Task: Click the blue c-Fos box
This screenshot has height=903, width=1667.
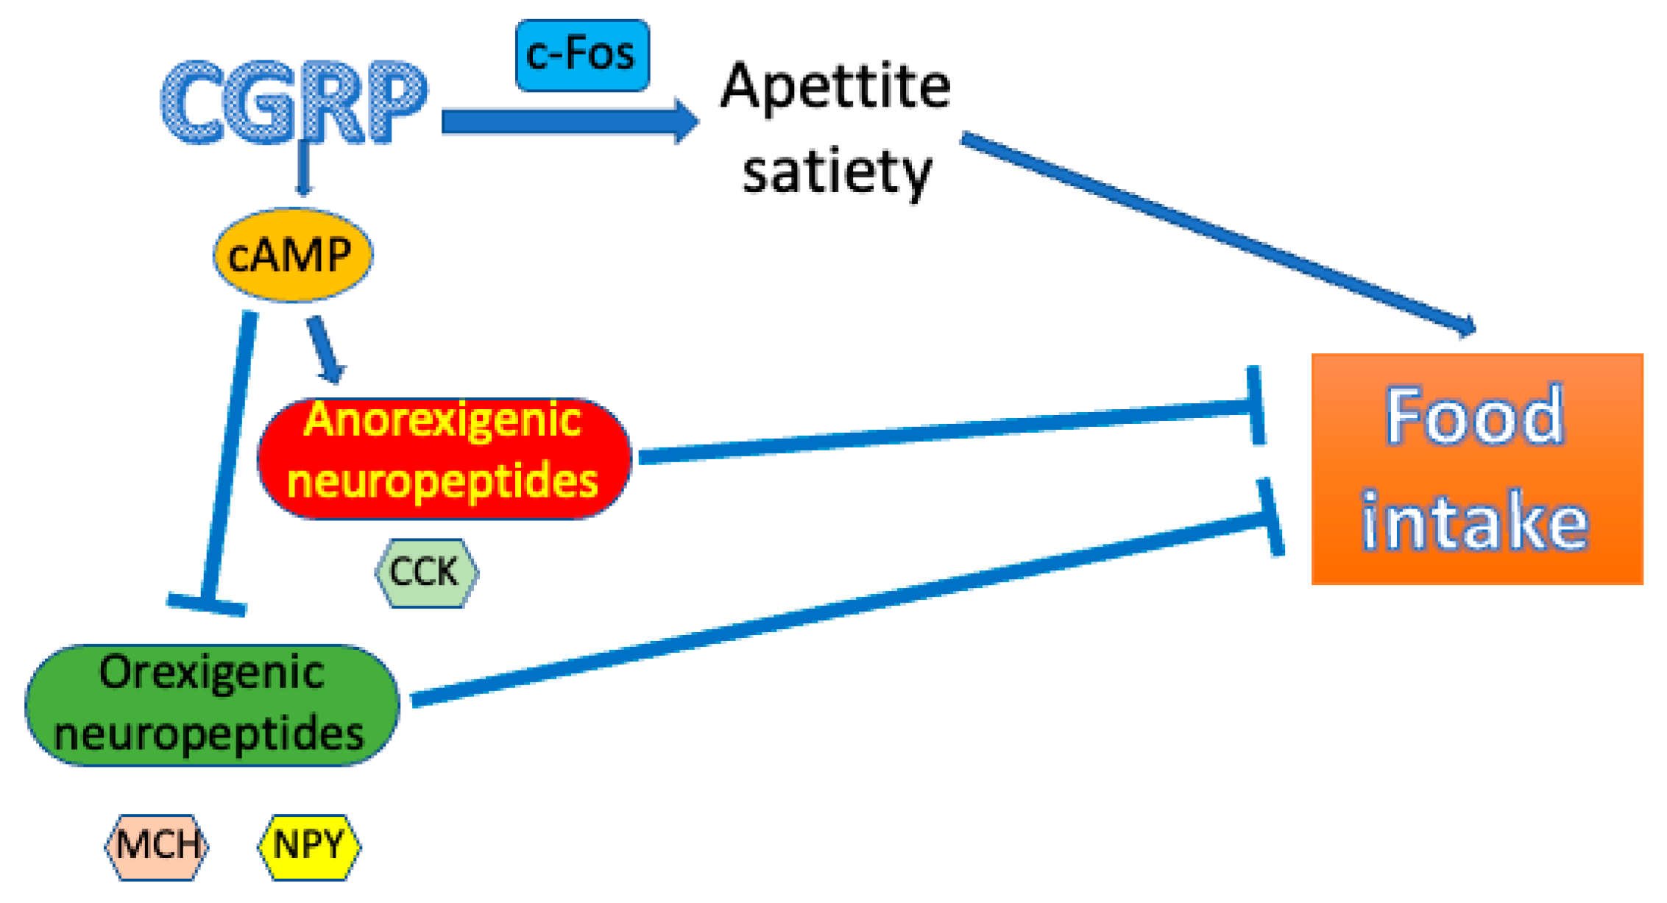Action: coord(582,55)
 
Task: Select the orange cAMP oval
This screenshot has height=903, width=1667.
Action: coord(293,255)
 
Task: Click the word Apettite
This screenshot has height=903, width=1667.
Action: coord(835,87)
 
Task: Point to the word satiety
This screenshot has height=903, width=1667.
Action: coord(837,171)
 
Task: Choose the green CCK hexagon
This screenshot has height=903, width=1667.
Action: coord(426,573)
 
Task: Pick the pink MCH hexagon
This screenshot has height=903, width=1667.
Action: coord(157,846)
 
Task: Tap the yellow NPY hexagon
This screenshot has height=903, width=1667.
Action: coord(309,846)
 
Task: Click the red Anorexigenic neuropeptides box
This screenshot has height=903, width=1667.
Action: coord(444,458)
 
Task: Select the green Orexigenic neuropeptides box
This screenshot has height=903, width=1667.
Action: coord(212,704)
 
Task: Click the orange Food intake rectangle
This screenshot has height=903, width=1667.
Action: coord(1476,469)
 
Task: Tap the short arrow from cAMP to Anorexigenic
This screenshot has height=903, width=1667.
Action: coord(325,349)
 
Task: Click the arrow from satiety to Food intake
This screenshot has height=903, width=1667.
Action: coord(1214,232)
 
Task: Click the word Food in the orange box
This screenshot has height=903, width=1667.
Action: coord(1474,416)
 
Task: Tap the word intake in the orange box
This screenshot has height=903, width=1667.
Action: coord(1474,521)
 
